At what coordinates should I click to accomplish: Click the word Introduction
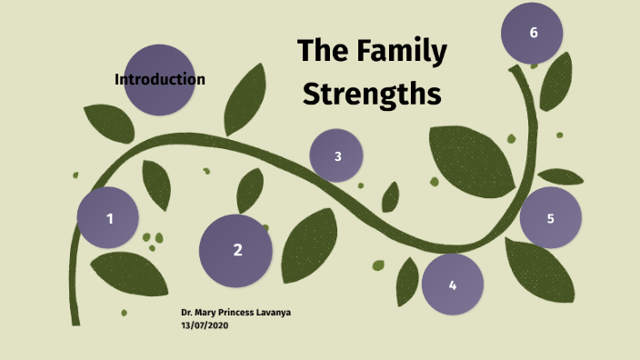tap(160, 79)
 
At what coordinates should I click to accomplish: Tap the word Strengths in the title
tap(372, 94)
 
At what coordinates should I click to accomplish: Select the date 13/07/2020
tap(205, 325)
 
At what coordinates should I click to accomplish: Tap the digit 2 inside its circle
tap(237, 250)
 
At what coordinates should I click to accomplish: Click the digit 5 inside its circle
tap(550, 218)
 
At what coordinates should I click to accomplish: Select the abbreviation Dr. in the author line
tap(186, 313)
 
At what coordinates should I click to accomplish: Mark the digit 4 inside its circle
tap(453, 285)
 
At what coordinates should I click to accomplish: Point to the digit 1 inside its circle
tap(110, 218)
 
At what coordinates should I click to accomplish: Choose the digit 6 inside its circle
tap(534, 33)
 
